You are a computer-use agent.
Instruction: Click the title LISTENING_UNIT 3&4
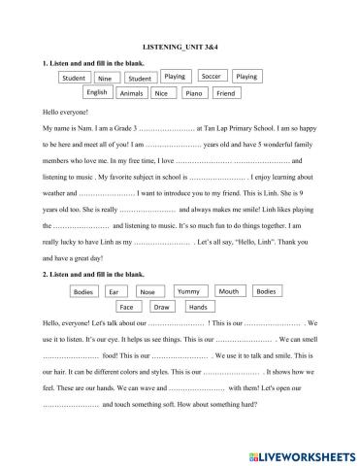pyautogui.click(x=180, y=47)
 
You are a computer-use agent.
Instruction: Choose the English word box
pyautogui.click(x=96, y=93)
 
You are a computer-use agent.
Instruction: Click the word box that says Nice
pyautogui.click(x=161, y=94)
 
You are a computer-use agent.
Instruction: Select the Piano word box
pyautogui.click(x=193, y=94)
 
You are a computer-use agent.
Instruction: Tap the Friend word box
pyautogui.click(x=225, y=94)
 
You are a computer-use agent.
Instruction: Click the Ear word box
pyautogui.click(x=114, y=292)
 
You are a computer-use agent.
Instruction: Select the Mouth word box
pyautogui.click(x=228, y=291)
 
